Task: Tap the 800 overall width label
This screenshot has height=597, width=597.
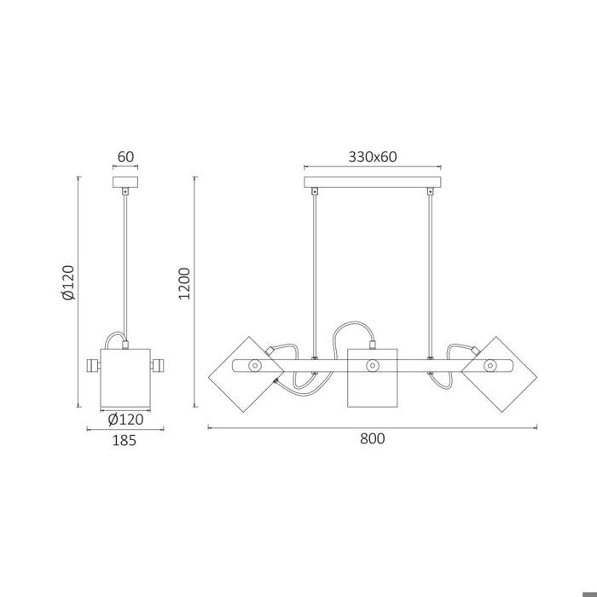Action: point(373,439)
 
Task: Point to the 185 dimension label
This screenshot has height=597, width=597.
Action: point(125,440)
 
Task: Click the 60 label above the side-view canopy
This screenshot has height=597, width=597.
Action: point(125,157)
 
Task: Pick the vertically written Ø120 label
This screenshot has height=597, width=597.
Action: point(69,282)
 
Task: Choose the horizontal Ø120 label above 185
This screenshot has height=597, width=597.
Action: point(125,419)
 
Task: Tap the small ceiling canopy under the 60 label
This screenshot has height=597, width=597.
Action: point(125,183)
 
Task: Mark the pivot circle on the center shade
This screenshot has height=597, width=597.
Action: point(372,366)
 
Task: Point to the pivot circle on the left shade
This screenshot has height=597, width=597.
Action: point(253,366)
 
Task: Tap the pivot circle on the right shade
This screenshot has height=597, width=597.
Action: point(490,366)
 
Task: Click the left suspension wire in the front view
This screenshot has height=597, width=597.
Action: point(315,273)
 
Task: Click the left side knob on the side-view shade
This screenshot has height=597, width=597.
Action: point(91,366)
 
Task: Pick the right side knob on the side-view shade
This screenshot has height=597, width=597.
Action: point(159,366)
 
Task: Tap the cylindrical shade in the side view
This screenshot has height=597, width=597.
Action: point(125,377)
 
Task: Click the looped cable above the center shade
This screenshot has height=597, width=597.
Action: point(354,328)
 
